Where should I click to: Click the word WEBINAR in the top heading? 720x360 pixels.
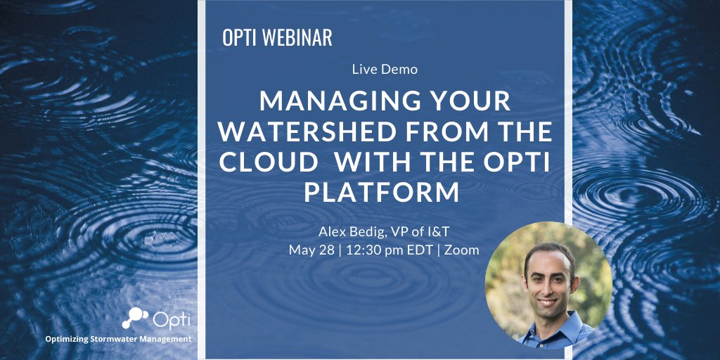pos(297,38)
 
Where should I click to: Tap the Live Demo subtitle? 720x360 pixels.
pos(385,70)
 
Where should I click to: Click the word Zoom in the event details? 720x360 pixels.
pos(461,250)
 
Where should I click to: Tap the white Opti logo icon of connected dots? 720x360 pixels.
pos(135,318)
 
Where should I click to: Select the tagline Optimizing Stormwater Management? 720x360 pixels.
pos(118,339)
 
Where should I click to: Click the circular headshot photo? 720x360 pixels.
pos(548,285)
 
